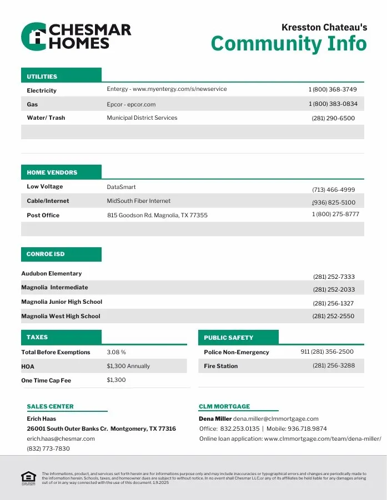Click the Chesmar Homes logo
pos(76,37)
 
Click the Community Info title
pos(289,43)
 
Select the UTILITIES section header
pos(42,76)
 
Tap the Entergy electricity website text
pos(167,89)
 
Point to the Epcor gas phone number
pos(333,104)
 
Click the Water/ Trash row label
pos(46,118)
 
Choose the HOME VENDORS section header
pos(52,172)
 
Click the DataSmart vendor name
pos(122,187)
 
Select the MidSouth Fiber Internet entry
pos(139,201)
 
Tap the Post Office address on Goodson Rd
pos(157,215)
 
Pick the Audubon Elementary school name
pos(52,273)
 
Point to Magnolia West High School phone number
pos(333,317)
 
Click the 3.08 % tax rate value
pos(117,352)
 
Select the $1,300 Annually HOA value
pos(128,366)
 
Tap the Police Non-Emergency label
pos(237,353)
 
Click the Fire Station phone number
pos(334,366)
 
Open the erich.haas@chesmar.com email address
pos(61,438)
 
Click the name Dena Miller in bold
pos(215,419)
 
